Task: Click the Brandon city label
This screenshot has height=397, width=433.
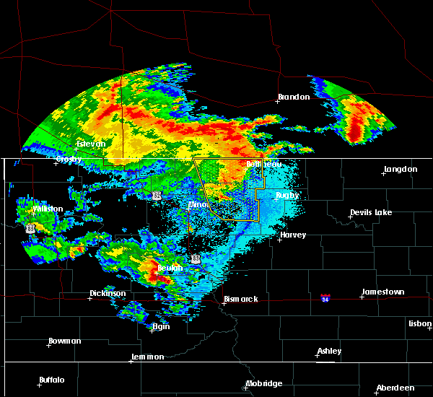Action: coord(294,97)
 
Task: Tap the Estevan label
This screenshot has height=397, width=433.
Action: coord(92,144)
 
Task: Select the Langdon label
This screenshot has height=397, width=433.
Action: coord(401,169)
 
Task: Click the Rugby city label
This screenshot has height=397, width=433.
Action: coord(287,195)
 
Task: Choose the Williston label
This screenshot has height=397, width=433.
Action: coord(48,209)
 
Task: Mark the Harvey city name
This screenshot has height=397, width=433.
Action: coord(293,235)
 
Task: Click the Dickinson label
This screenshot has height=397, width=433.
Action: coord(108,293)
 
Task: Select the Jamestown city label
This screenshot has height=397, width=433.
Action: coord(383,292)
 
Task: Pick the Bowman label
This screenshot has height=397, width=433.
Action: coord(65,341)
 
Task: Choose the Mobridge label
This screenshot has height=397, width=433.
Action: coord(263,383)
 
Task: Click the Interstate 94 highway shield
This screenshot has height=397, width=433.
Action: coord(326,297)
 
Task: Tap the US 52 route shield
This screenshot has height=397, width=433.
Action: coord(157,196)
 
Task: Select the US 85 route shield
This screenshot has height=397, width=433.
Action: coord(30,227)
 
